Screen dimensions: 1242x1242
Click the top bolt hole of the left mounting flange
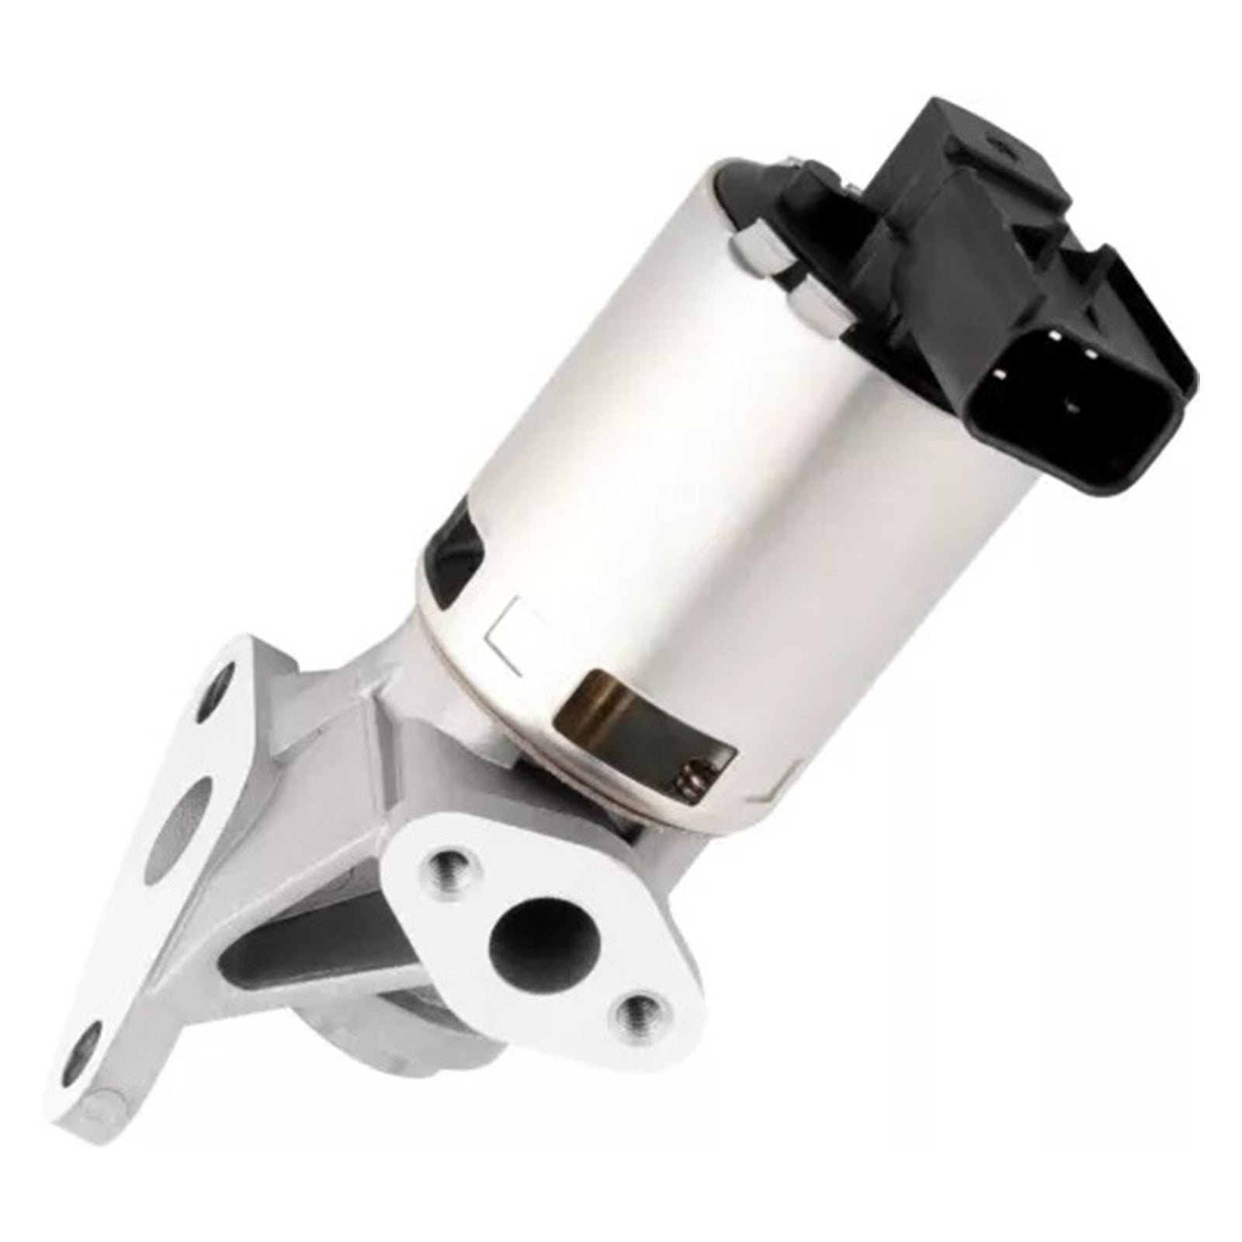click(225, 675)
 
